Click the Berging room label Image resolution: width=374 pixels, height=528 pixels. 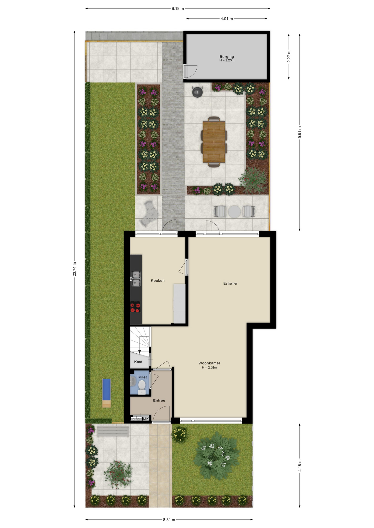click(x=227, y=57)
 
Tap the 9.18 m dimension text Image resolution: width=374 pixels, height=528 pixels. click(x=178, y=9)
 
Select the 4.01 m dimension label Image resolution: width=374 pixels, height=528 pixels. click(x=227, y=19)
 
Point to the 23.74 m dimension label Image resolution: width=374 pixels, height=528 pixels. click(x=74, y=269)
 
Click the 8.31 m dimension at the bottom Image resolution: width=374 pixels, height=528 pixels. click(x=169, y=519)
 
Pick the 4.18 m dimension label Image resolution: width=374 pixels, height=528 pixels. click(x=300, y=465)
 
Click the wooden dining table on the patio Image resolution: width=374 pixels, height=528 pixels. click(x=214, y=142)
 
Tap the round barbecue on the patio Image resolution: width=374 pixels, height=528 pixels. click(x=197, y=92)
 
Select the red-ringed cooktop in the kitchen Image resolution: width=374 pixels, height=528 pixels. click(x=135, y=307)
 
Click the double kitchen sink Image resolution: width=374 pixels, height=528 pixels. click(x=136, y=279)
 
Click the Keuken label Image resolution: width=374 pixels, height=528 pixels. click(x=158, y=280)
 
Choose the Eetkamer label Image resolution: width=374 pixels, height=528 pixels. click(x=230, y=283)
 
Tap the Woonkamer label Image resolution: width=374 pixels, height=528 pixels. click(x=209, y=363)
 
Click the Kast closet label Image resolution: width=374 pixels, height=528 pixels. click(x=138, y=362)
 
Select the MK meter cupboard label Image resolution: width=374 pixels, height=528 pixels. click(x=146, y=419)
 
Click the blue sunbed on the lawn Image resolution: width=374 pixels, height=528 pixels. click(x=107, y=390)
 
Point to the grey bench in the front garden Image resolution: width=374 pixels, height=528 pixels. click(x=113, y=431)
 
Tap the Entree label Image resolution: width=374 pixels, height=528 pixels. click(x=159, y=400)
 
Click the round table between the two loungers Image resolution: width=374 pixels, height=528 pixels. click(x=234, y=212)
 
